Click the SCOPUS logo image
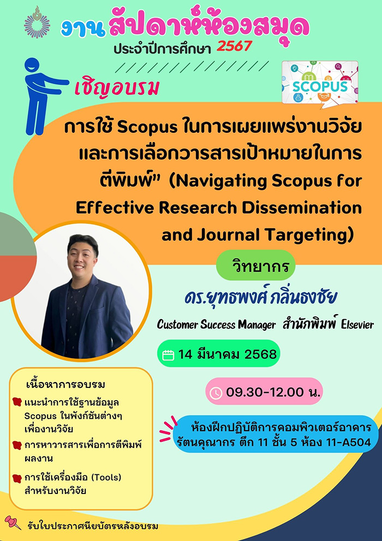point(320,83)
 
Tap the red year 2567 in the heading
point(234,46)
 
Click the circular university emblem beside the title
point(37,22)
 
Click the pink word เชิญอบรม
point(116,88)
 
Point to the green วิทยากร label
point(255,266)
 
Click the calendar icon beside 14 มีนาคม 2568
point(168,355)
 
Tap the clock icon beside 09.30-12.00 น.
point(216,393)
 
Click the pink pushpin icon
point(13,522)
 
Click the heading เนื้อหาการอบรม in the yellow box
point(65,384)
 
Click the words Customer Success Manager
point(216,325)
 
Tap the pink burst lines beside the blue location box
point(168,429)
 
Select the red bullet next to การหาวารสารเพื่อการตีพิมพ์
point(17,445)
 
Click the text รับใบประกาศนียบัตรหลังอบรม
point(92,526)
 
